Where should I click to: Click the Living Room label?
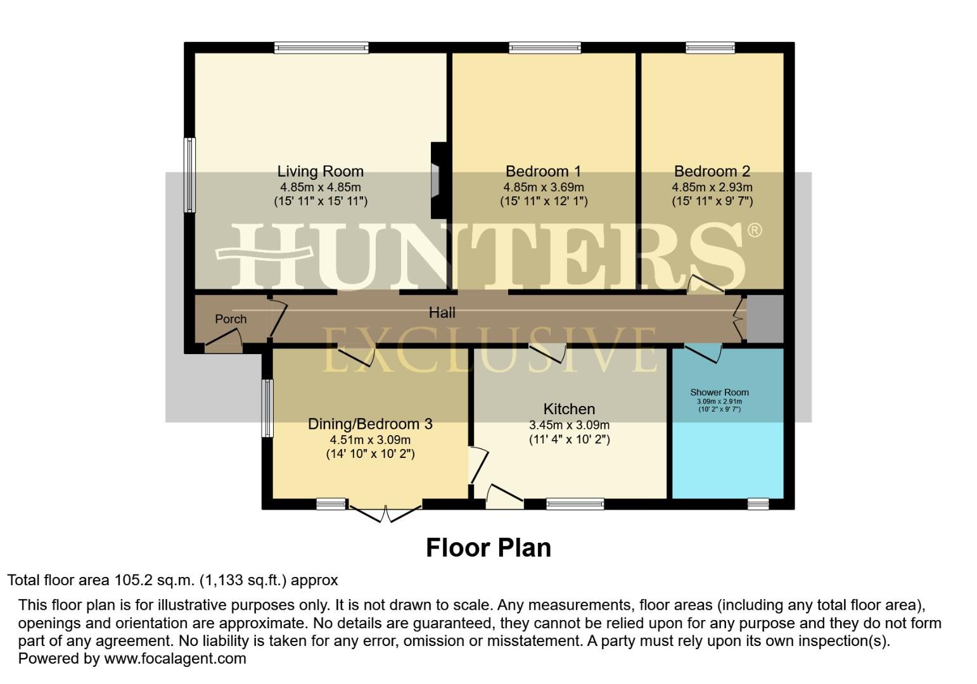coord(320,171)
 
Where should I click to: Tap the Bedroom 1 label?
coord(543,171)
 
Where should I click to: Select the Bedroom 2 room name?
coord(712,171)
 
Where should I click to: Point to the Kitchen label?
coord(569,409)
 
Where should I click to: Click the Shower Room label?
coord(719,392)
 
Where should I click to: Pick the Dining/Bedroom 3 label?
coord(370,424)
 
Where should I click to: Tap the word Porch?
coord(231,319)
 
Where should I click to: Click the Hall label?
coord(442,312)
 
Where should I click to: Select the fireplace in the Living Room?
coord(437,180)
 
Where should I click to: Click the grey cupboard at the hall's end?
coord(765,319)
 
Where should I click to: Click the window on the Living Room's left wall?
coord(189,175)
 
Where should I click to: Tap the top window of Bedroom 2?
coord(710,47)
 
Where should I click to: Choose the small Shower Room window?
coord(758,503)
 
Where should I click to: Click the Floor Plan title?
coord(488,548)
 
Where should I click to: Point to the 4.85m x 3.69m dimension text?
coord(543,187)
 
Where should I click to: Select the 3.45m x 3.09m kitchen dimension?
coord(569,425)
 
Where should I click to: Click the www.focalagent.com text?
coord(175,658)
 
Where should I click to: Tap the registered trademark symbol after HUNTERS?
coord(754,230)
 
